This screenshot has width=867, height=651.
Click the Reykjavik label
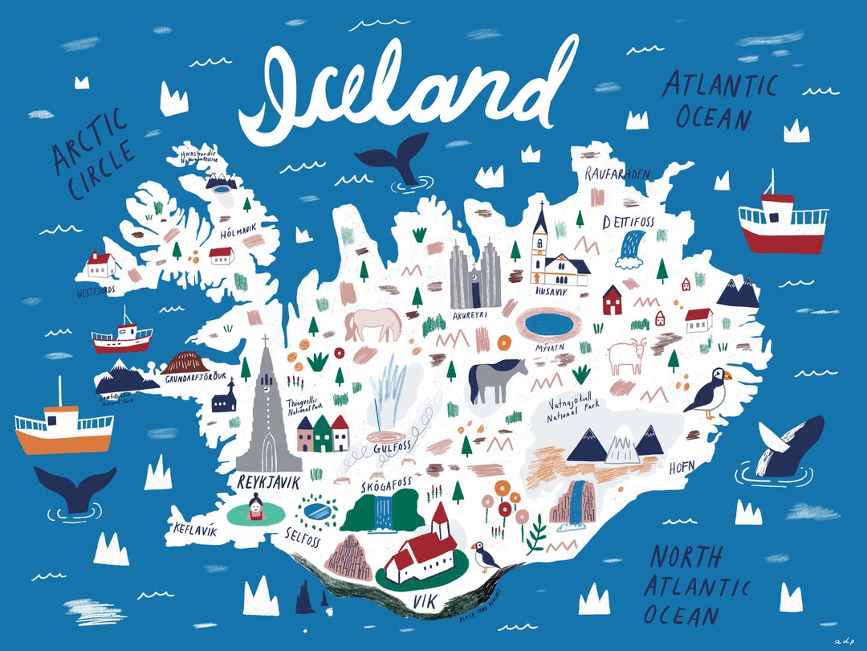click(268, 482)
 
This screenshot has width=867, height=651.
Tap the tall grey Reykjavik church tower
click(265, 410)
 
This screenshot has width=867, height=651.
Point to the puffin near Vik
click(484, 555)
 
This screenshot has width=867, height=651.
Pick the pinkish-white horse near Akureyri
click(373, 324)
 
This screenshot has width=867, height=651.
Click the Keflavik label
click(195, 530)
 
